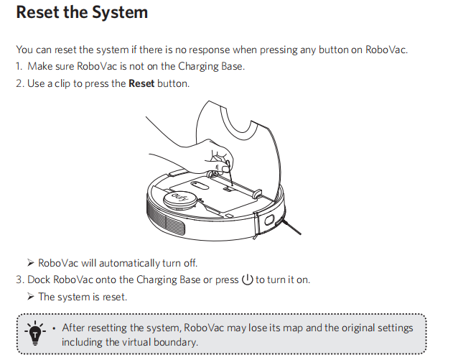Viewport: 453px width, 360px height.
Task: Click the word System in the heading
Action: tap(120, 13)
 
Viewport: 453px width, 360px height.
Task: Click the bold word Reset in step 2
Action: tap(141, 83)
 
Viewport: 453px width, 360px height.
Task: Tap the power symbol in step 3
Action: tap(247, 280)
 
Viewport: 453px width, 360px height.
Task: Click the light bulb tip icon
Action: tap(35, 333)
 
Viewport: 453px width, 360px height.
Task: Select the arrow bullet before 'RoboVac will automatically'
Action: tap(31, 263)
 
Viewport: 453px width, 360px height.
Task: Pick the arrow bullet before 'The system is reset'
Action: tap(31, 297)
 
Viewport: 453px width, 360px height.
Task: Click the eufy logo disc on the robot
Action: tap(180, 199)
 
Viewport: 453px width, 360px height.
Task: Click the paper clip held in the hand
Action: tap(230, 173)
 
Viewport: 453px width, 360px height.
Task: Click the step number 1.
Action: tap(19, 67)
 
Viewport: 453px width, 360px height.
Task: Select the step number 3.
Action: tap(19, 280)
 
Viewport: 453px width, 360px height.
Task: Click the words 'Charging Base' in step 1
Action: tap(211, 67)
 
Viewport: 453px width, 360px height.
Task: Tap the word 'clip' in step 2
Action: tap(62, 83)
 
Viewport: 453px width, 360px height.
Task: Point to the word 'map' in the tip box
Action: tap(293, 328)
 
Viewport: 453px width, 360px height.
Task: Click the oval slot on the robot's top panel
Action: tap(200, 185)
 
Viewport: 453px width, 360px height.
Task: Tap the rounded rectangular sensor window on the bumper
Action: tap(270, 221)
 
